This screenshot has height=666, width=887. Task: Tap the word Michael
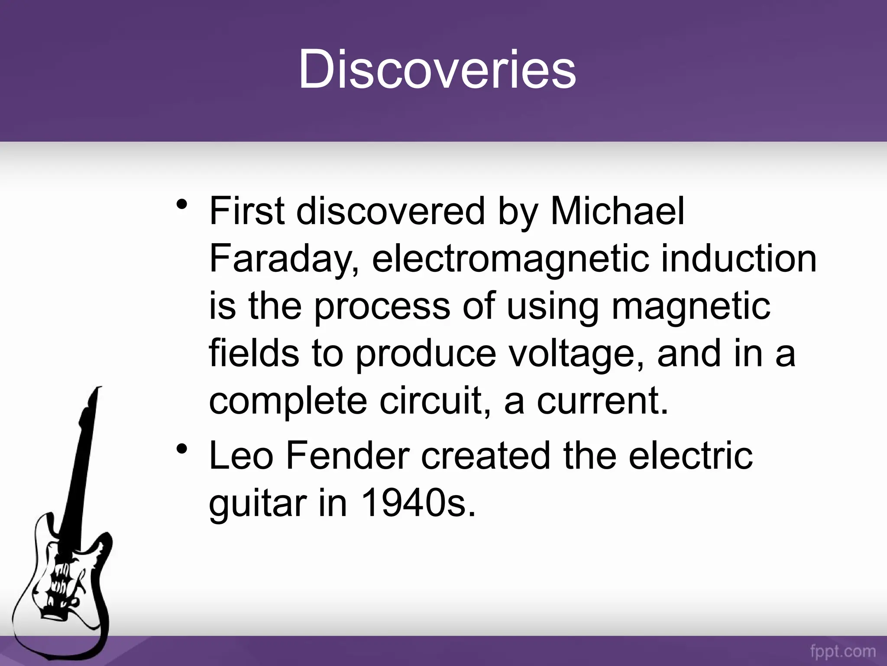617,212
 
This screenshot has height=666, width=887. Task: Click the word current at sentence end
602,401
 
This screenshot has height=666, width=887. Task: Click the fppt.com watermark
842,652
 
